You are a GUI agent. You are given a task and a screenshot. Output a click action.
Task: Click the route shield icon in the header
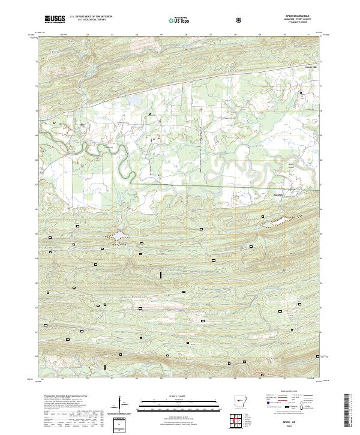[x=241, y=20]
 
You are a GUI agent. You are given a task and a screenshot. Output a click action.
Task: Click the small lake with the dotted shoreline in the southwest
[x=116, y=237]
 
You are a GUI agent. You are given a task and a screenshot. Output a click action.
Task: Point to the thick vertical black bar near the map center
[x=161, y=275]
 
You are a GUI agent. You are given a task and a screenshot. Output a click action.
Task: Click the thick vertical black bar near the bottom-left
[x=106, y=367]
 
